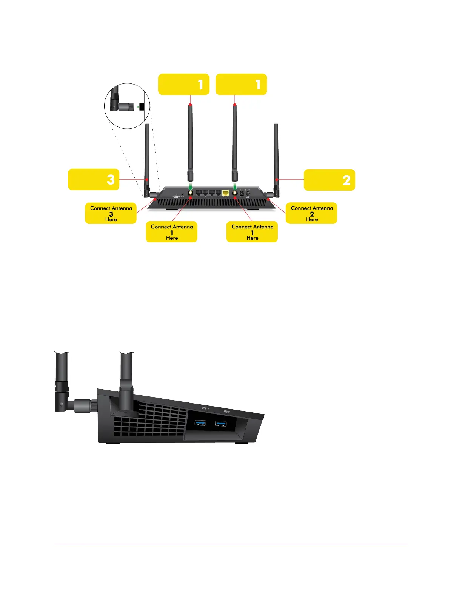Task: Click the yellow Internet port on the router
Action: click(x=226, y=193)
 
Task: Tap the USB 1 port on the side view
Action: click(x=200, y=422)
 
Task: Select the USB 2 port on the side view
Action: click(x=221, y=424)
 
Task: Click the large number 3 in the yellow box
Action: click(x=111, y=180)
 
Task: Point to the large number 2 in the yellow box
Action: click(x=346, y=180)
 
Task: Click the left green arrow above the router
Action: click(x=191, y=186)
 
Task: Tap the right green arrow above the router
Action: click(x=235, y=186)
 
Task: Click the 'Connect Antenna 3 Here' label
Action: click(x=111, y=214)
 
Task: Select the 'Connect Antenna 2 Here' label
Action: click(x=311, y=214)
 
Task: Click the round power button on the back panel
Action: click(x=248, y=193)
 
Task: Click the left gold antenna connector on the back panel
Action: click(x=191, y=193)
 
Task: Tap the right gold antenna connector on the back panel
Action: click(x=235, y=193)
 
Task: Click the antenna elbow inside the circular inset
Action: click(x=115, y=106)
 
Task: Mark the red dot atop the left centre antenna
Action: click(x=191, y=105)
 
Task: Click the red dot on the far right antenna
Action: click(x=277, y=180)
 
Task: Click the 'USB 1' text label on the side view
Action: click(x=205, y=408)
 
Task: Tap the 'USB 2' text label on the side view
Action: click(x=226, y=412)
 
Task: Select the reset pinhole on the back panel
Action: click(x=183, y=195)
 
